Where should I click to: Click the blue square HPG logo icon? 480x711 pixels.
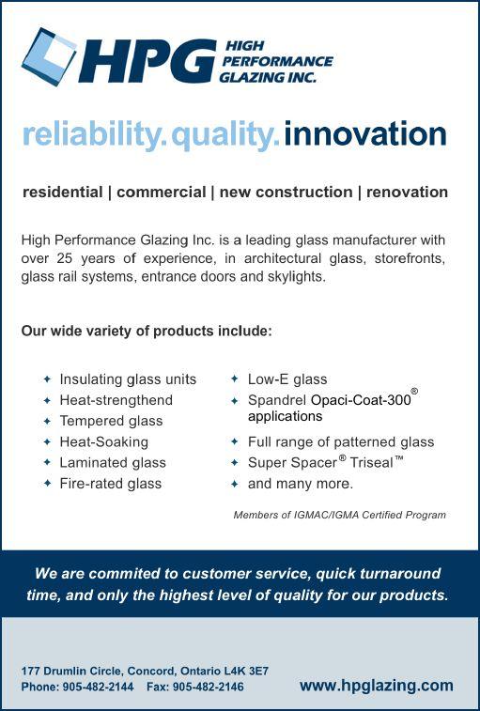click(x=49, y=56)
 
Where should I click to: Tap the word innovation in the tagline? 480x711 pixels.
click(x=365, y=133)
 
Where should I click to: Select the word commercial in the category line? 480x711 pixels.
click(x=161, y=192)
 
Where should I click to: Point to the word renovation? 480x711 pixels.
click(x=407, y=192)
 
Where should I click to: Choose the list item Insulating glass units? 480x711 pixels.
click(x=128, y=379)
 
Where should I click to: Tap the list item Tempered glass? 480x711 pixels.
click(x=111, y=421)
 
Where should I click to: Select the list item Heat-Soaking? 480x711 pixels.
click(x=104, y=441)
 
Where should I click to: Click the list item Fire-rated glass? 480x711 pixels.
click(x=111, y=484)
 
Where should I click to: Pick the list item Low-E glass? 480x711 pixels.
click(x=287, y=379)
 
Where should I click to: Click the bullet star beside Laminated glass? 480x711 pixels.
click(x=47, y=462)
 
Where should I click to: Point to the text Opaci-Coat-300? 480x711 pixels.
click(x=361, y=400)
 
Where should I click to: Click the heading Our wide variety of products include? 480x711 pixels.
click(x=147, y=331)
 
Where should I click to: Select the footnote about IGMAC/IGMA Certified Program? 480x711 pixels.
click(x=339, y=515)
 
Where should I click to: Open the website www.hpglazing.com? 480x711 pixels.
click(x=376, y=685)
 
